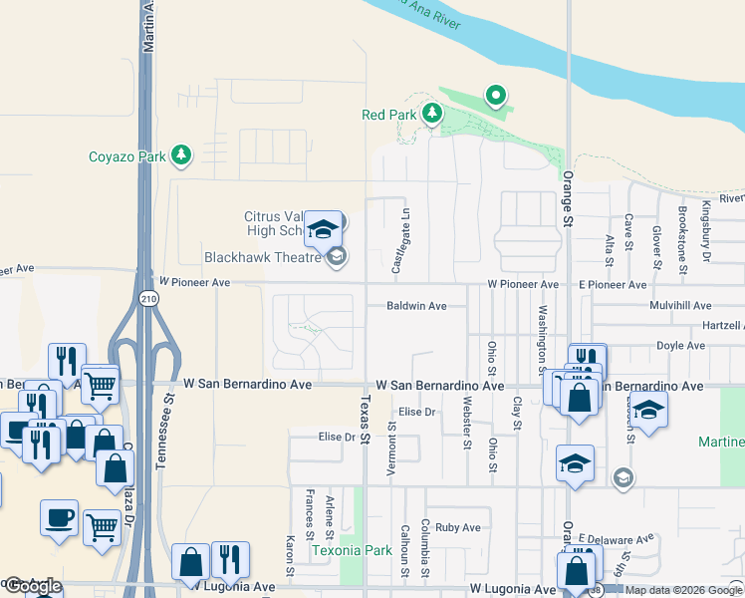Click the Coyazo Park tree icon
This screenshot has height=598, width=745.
coord(180,154)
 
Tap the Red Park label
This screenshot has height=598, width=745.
coord(388,115)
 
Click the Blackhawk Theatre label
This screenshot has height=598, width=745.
coord(263,257)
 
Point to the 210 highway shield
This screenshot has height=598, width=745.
coord(148,299)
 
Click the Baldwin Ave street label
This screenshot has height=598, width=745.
coord(416,306)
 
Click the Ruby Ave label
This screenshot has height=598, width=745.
coord(458,527)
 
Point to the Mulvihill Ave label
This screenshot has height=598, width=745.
coord(679,306)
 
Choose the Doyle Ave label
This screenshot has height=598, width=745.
coord(681,346)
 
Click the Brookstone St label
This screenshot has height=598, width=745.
coord(682,240)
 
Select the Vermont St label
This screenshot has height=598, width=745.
coord(392,442)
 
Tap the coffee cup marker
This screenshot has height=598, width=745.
coord(59,517)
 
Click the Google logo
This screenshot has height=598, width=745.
coord(32,587)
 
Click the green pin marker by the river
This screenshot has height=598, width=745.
coord(495,96)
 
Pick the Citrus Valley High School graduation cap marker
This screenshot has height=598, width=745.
coord(323,230)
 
